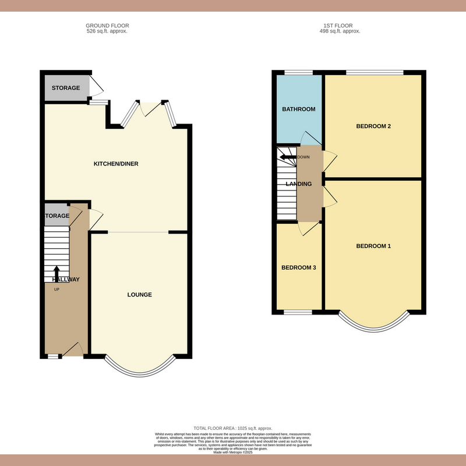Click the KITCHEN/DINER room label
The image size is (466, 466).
tap(116, 164)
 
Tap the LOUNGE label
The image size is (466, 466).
tap(140, 295)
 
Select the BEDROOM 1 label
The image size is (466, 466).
tap(373, 246)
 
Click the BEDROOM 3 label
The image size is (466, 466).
tap(298, 268)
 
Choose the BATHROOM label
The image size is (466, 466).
tap(298, 109)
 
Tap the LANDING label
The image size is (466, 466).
tap(298, 184)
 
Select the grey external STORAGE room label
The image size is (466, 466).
tap(66, 88)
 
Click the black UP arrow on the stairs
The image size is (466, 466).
tap(57, 273)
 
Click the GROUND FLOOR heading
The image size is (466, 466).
tap(107, 26)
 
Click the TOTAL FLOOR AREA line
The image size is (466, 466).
tap(233, 428)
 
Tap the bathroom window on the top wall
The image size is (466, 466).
tap(298, 73)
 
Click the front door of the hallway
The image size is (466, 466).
tap(73, 349)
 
